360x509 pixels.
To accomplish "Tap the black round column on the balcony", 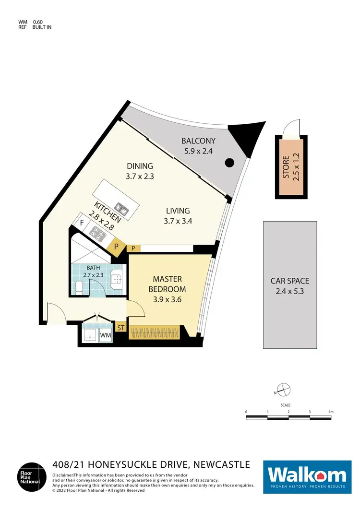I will click(x=229, y=163).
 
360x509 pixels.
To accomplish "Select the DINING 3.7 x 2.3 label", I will click(x=139, y=171).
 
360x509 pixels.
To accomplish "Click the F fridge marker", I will click(x=82, y=223).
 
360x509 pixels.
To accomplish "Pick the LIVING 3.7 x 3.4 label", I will click(x=178, y=215).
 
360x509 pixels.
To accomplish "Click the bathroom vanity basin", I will click(x=116, y=279).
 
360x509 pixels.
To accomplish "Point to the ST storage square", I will click(x=121, y=328).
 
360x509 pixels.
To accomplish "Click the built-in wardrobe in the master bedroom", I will click(x=154, y=332).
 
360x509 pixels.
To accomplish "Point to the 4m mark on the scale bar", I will click(x=331, y=412).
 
